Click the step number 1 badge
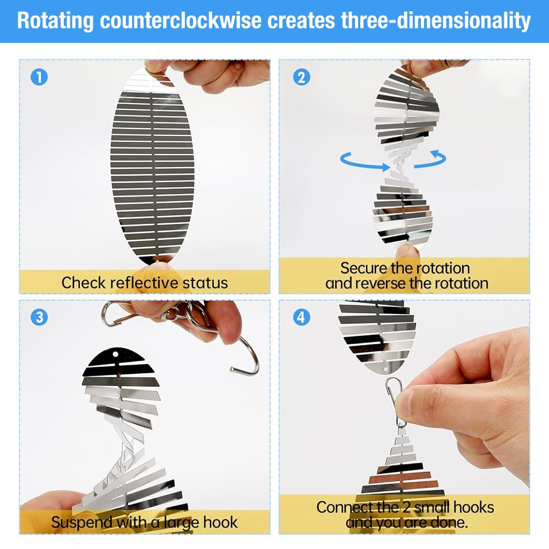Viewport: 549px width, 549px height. click(x=39, y=77)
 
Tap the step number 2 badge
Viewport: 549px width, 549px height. click(x=301, y=77)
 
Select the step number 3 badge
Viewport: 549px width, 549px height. click(x=39, y=317)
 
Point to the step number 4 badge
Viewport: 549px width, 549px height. click(x=301, y=317)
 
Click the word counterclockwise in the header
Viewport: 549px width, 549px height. click(x=181, y=20)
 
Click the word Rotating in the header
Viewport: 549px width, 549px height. click(x=55, y=21)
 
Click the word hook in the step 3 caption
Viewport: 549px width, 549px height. click(x=220, y=522)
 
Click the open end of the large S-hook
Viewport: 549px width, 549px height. click(x=233, y=369)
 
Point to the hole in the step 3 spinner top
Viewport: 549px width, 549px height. click(x=116, y=354)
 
